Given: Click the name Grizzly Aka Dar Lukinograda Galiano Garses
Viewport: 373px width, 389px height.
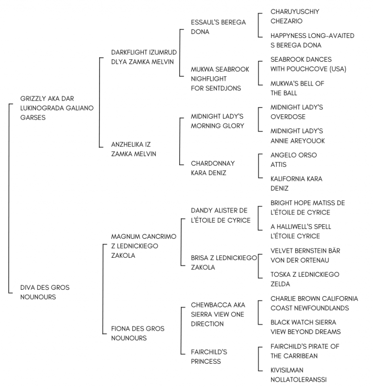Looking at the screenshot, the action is click(57, 108).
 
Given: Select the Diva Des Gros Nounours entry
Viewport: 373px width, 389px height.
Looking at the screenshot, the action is click(45, 292).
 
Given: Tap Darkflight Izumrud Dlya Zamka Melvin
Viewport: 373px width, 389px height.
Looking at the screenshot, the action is click(144, 57).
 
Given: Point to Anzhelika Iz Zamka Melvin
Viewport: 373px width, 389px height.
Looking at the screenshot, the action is click(134, 149).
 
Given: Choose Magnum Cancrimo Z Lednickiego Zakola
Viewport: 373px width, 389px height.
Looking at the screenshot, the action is click(143, 246).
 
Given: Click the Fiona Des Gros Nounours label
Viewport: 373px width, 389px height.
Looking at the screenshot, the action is click(137, 333).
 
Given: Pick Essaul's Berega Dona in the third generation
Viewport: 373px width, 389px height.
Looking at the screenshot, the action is click(218, 27).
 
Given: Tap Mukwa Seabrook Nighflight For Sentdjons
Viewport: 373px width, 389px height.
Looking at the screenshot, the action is click(220, 79).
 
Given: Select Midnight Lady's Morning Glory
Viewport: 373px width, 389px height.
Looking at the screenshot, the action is click(218, 121).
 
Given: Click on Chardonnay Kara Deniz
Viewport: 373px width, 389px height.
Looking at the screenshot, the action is click(213, 168).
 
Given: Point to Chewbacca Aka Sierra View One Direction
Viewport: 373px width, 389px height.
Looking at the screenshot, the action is click(218, 314).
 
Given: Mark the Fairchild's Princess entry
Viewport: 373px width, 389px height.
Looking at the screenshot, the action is click(209, 356).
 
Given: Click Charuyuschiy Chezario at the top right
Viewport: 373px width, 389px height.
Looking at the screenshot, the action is click(295, 17).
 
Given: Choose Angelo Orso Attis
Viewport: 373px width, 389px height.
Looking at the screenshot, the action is click(293, 160).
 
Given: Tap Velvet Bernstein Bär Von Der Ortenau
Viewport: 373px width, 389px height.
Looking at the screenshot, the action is click(305, 255).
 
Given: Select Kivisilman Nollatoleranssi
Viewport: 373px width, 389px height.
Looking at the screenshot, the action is click(298, 375).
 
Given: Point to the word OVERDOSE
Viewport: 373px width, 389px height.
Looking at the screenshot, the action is click(288, 117).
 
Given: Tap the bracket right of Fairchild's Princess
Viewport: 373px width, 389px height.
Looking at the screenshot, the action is click(258, 359).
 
